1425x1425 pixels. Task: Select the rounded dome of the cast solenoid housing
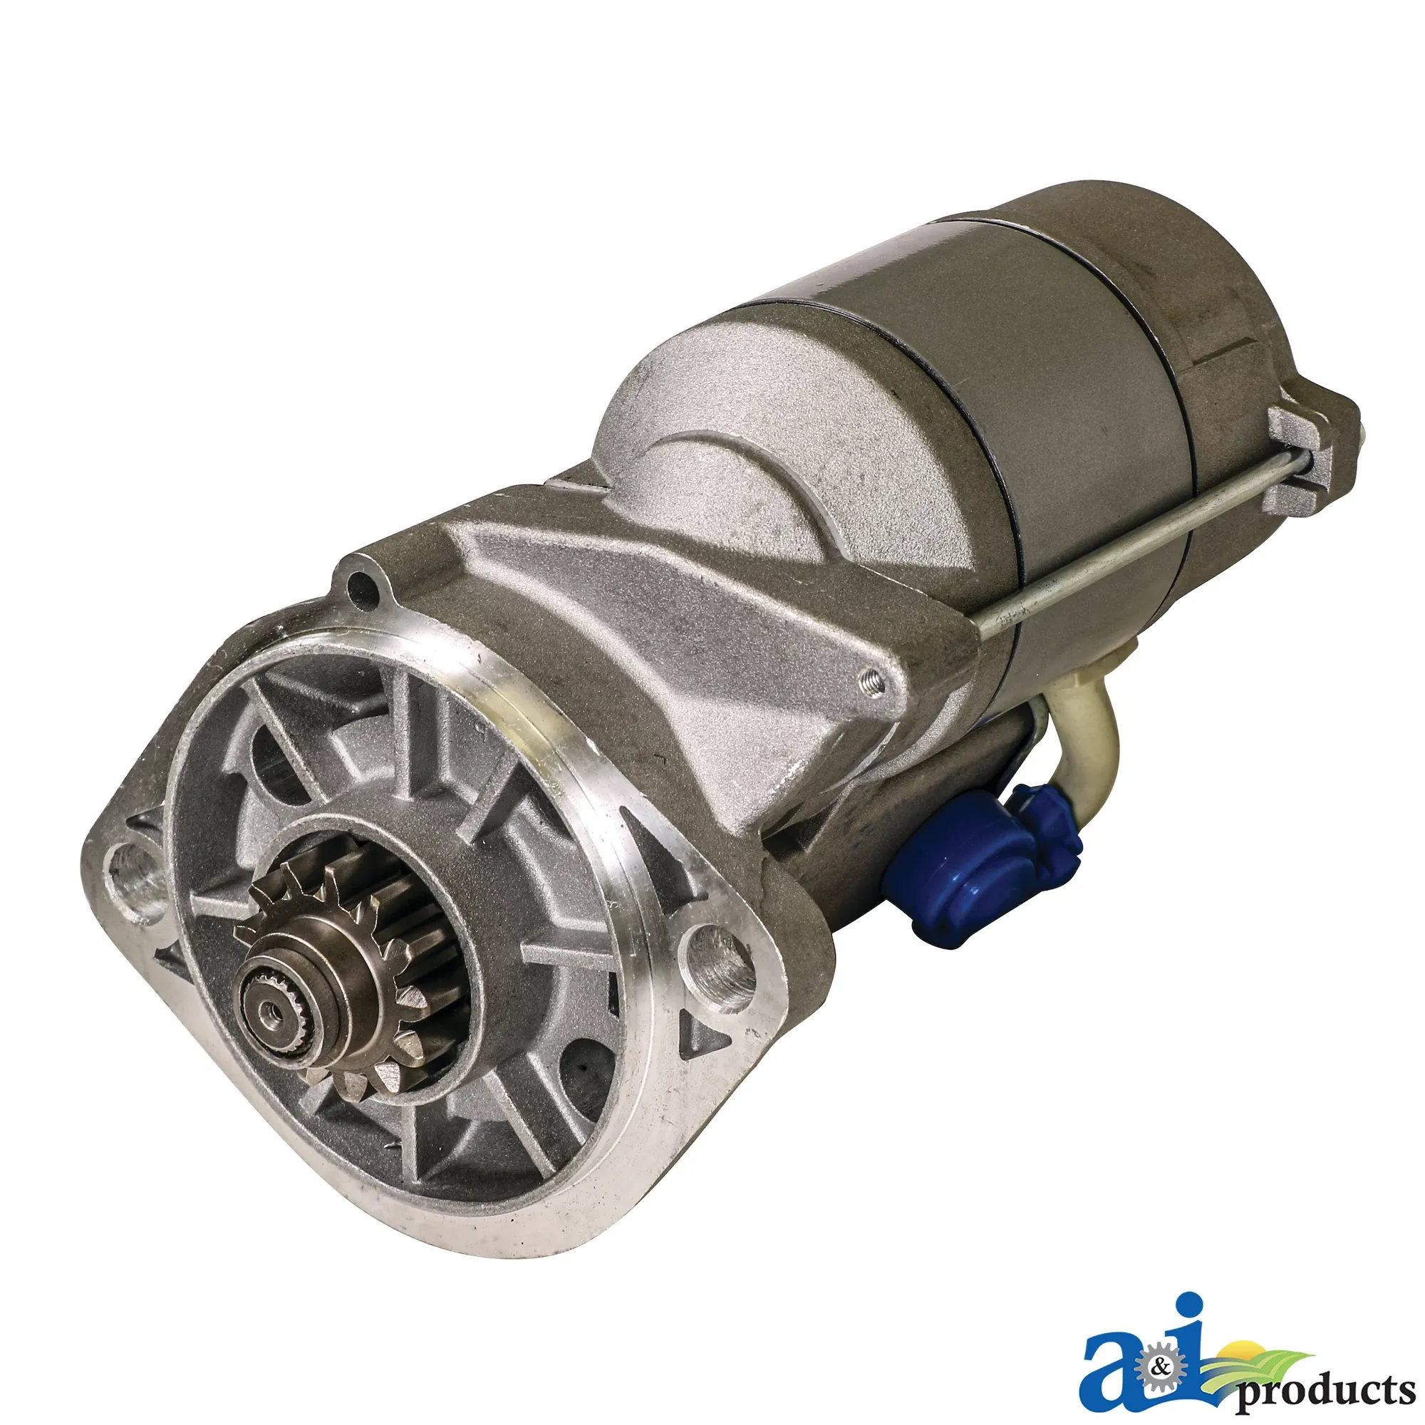pyautogui.click(x=737, y=413)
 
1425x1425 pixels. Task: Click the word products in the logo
pyautogui.click(x=1327, y=1371)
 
